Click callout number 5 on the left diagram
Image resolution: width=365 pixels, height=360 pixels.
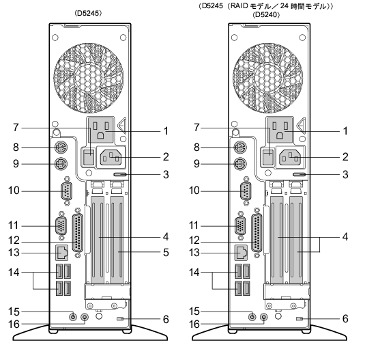tap(166, 252)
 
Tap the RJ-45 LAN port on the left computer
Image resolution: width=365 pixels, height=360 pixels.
tap(61, 253)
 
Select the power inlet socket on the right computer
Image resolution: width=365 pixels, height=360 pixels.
tap(290, 157)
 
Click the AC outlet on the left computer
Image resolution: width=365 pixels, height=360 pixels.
tap(100, 130)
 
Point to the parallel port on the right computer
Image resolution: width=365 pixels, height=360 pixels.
tap(257, 233)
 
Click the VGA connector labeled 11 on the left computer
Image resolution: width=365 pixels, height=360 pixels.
tap(61, 226)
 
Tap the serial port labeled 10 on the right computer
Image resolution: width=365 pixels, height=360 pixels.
tap(246, 191)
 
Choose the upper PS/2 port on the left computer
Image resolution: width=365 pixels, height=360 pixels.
tap(61, 148)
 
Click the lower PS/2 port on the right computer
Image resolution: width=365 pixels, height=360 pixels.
tap(240, 164)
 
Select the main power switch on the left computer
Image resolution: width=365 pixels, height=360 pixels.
tap(89, 157)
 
